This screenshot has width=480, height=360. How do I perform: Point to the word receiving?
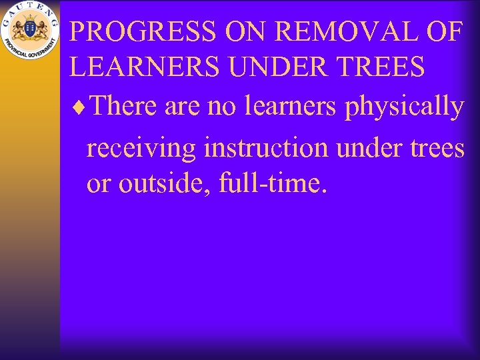point(141,148)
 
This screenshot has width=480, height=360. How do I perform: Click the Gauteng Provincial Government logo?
point(29,30)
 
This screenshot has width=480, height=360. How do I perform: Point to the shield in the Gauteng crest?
point(29,29)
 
